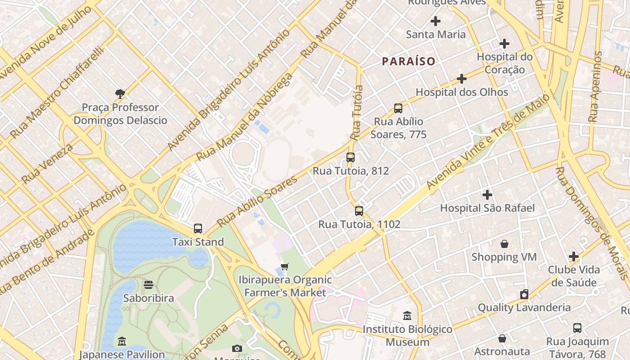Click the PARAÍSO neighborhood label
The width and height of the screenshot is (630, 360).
[x=409, y=61]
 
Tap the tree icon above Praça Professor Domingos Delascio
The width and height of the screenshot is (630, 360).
[x=120, y=94]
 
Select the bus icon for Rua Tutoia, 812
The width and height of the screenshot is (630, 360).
[x=351, y=157]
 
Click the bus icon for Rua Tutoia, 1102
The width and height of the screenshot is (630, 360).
[x=359, y=211]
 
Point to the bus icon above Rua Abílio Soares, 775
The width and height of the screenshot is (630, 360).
[x=398, y=108]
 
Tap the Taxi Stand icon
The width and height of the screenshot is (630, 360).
[x=198, y=229]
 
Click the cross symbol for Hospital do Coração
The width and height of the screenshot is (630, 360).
[x=504, y=44]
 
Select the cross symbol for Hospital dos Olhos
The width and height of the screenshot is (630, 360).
[x=461, y=79]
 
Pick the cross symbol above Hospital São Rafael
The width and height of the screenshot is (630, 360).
[x=487, y=195]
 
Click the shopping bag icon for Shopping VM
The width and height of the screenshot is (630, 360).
[x=504, y=244]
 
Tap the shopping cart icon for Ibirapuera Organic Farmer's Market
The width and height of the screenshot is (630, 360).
[x=284, y=266]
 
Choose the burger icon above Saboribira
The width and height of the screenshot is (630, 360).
[x=148, y=284]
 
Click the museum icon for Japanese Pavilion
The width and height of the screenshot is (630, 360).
[x=121, y=342]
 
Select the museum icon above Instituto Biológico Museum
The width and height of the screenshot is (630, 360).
[x=407, y=315]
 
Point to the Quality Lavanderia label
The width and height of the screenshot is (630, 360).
[x=524, y=308]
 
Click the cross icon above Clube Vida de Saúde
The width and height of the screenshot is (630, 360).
[x=573, y=256]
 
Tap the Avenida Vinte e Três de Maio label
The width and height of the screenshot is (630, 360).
[x=488, y=141]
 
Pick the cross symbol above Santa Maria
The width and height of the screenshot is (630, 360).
[x=435, y=21]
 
